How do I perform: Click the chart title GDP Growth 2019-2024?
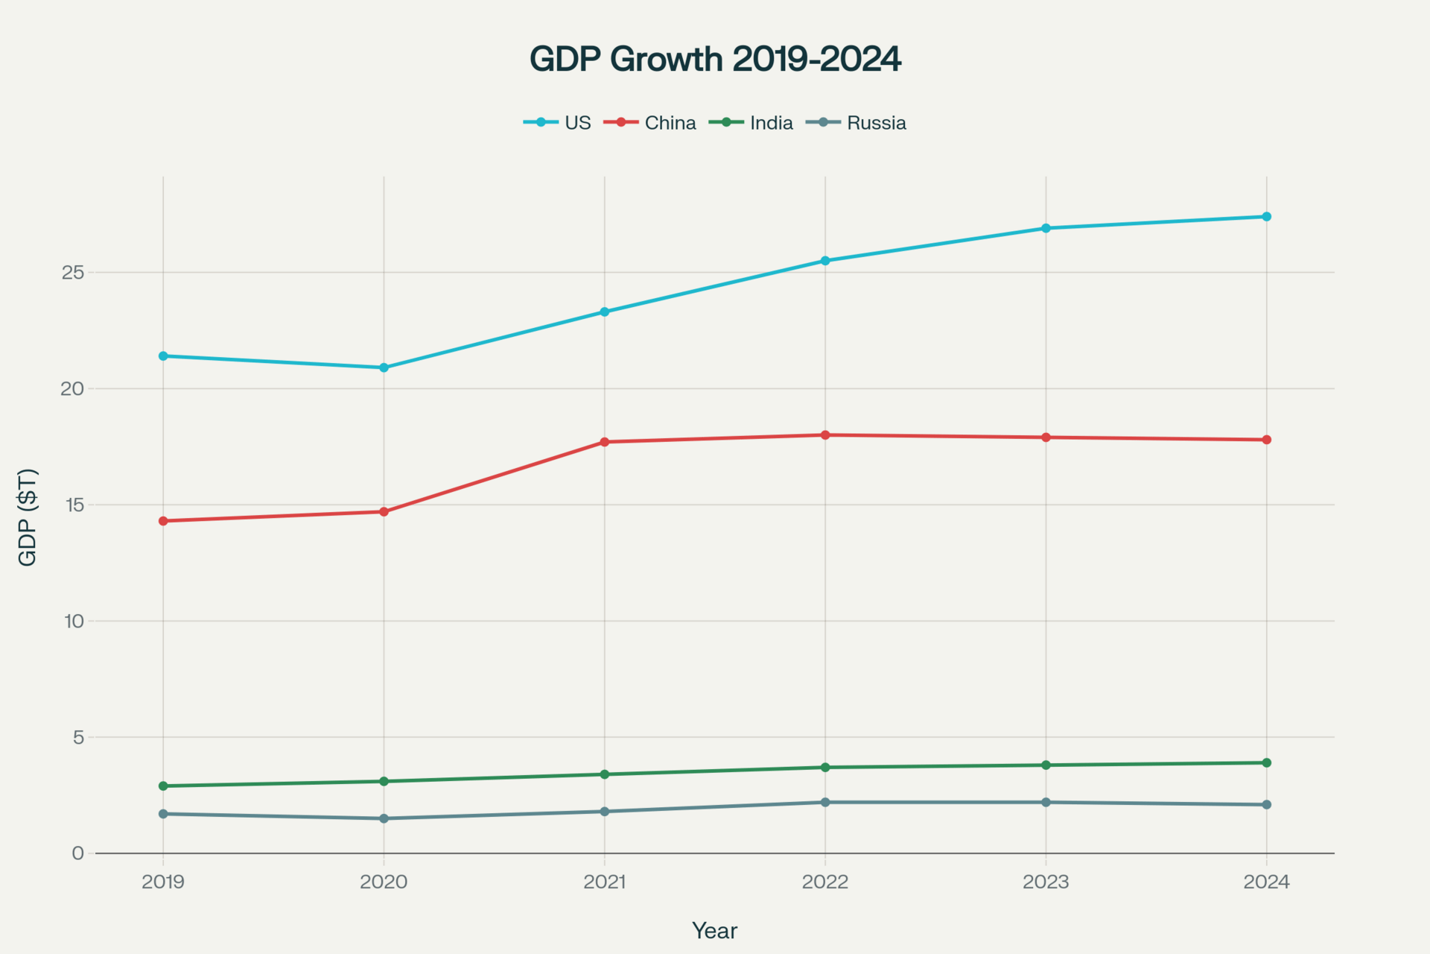[x=715, y=59]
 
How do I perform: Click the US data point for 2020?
[x=384, y=367]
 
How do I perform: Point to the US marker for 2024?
[x=1266, y=217]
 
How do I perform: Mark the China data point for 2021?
[x=605, y=442]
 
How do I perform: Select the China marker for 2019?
[x=163, y=521]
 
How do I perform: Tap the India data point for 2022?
[x=825, y=767]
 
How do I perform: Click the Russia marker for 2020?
[x=384, y=818]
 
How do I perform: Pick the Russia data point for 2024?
[x=1266, y=805]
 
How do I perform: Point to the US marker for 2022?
[x=825, y=261]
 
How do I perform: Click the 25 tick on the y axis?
[x=73, y=273]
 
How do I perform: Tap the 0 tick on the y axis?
[x=77, y=853]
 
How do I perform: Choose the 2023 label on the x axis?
[x=1046, y=882]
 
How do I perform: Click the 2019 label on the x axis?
[x=163, y=882]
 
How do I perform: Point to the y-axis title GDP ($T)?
[x=28, y=517]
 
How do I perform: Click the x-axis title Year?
[x=714, y=931]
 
